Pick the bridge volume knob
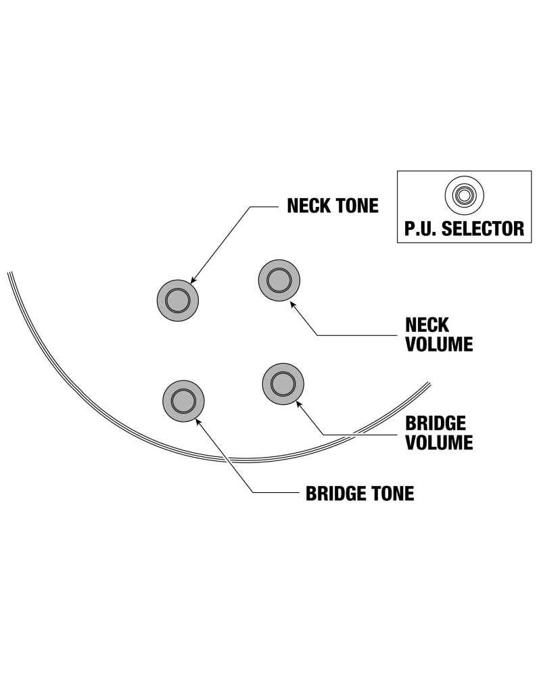pyautogui.click(x=282, y=383)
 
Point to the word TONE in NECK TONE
pyautogui.click(x=358, y=206)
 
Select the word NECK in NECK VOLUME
pyautogui.click(x=426, y=324)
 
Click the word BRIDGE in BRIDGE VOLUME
pyautogui.click(x=435, y=424)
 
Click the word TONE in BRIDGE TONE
pyautogui.click(x=393, y=493)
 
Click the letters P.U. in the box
pyautogui.click(x=420, y=228)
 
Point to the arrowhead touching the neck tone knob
pyautogui.click(x=193, y=281)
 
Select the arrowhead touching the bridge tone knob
pyautogui.click(x=197, y=419)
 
